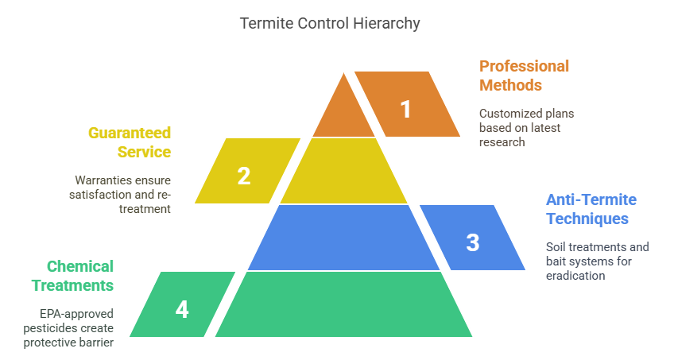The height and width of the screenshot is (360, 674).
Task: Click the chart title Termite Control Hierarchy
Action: (330, 23)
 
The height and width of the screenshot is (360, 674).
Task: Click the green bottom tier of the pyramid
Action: (343, 304)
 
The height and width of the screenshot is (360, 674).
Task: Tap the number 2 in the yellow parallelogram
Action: (244, 176)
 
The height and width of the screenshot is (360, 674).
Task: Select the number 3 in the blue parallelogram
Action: (472, 242)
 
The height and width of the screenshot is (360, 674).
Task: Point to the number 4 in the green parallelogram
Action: (182, 309)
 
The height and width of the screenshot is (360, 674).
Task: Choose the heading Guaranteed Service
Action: (130, 141)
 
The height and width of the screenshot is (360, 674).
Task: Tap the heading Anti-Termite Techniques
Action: (591, 209)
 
